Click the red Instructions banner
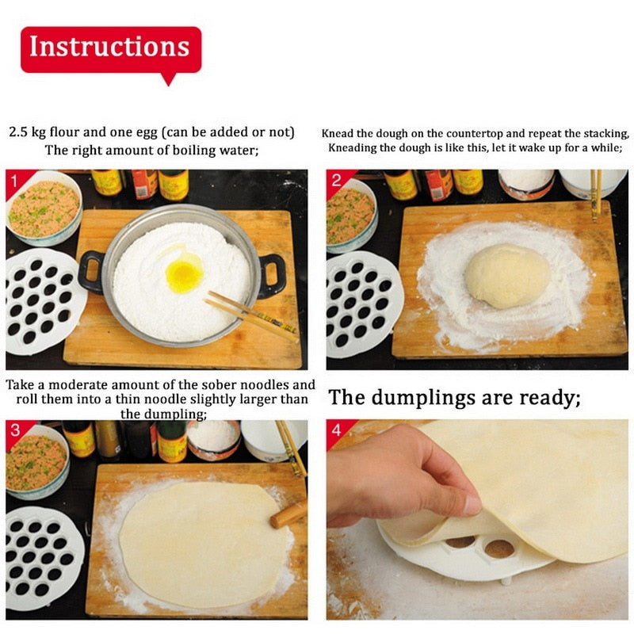click(110, 48)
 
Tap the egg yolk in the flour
click(184, 276)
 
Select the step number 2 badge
click(336, 181)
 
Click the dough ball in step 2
click(506, 276)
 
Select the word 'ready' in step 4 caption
click(547, 398)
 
